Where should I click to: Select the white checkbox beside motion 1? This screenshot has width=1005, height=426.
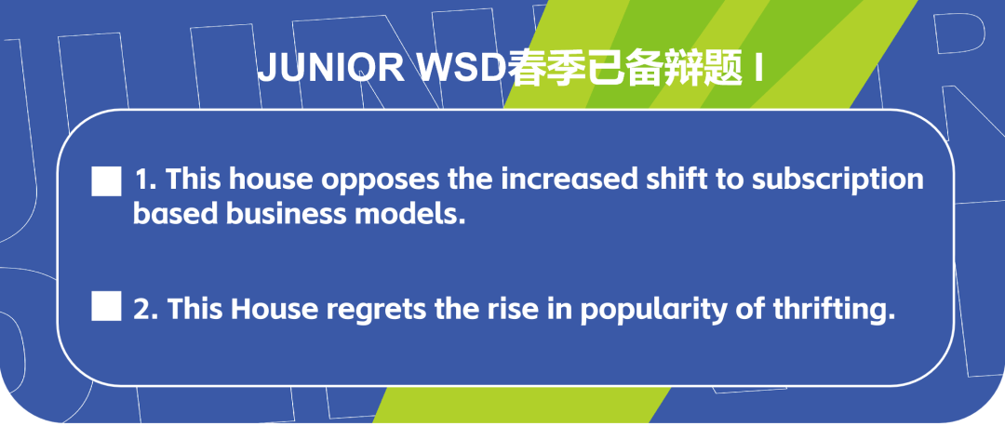(107, 180)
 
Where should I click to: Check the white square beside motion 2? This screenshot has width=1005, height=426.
(107, 306)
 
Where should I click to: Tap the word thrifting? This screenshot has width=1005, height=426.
(831, 308)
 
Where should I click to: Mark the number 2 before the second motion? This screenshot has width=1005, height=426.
(143, 308)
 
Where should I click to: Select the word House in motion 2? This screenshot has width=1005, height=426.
(270, 308)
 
